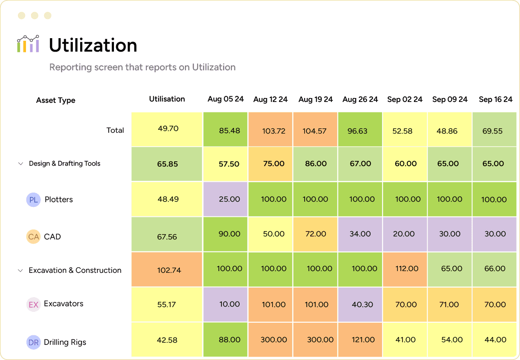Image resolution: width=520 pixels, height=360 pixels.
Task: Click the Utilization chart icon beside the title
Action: (28, 44)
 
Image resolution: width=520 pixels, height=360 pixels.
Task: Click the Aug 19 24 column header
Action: (315, 99)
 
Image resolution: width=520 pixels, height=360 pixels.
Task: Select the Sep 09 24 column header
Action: (450, 99)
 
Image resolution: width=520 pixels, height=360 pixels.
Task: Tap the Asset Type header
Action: (55, 100)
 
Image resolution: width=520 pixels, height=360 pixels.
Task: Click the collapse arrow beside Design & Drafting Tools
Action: (20, 164)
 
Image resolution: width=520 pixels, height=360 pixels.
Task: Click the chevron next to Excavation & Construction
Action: (20, 270)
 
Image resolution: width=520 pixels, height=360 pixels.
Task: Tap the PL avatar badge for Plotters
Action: (33, 200)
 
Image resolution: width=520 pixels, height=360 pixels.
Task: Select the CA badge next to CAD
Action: (33, 237)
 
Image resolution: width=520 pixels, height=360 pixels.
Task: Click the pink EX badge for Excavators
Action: (33, 304)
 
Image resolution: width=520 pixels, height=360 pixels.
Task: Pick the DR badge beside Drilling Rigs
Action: (33, 342)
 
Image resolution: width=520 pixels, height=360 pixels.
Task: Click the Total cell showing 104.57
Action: (315, 130)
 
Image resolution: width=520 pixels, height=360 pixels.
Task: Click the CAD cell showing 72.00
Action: (315, 234)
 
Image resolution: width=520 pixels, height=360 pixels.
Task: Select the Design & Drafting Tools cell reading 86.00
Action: (315, 164)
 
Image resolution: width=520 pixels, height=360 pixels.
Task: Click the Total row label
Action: (115, 130)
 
